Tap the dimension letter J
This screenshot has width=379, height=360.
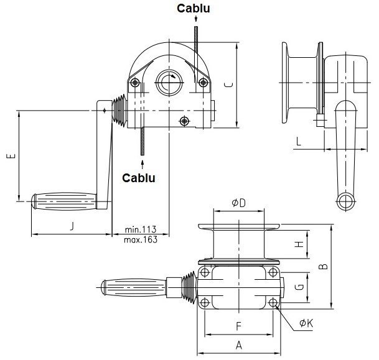(x=72, y=226)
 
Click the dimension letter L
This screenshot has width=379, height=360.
(x=299, y=141)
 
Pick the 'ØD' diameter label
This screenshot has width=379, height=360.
(x=238, y=203)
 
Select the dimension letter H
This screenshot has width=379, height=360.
(x=299, y=244)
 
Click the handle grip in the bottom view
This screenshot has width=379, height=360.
(x=133, y=288)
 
